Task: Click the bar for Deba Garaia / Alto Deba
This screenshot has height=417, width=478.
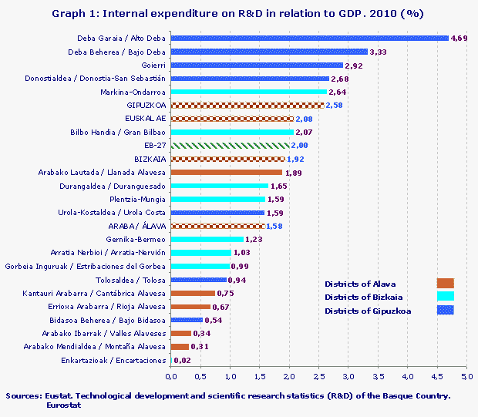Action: click(x=309, y=38)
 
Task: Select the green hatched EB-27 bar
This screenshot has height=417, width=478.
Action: click(x=230, y=145)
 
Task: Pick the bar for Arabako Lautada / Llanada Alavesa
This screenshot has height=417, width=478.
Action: click(x=226, y=172)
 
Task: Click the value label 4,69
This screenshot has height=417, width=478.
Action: click(x=459, y=38)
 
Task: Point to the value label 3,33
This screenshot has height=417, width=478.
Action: click(x=379, y=52)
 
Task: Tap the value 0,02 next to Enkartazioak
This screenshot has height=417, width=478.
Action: click(x=182, y=360)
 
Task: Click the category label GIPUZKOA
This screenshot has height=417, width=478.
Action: click(x=146, y=105)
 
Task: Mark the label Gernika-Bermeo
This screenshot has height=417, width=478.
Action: click(x=139, y=239)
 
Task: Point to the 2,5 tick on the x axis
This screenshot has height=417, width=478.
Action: click(x=318, y=377)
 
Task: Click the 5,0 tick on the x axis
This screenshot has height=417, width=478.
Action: click(x=466, y=377)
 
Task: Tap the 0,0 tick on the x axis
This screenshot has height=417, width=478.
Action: click(x=171, y=377)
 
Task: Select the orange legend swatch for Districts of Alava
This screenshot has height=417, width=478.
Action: click(x=445, y=283)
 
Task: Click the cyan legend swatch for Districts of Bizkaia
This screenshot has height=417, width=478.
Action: click(x=445, y=297)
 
